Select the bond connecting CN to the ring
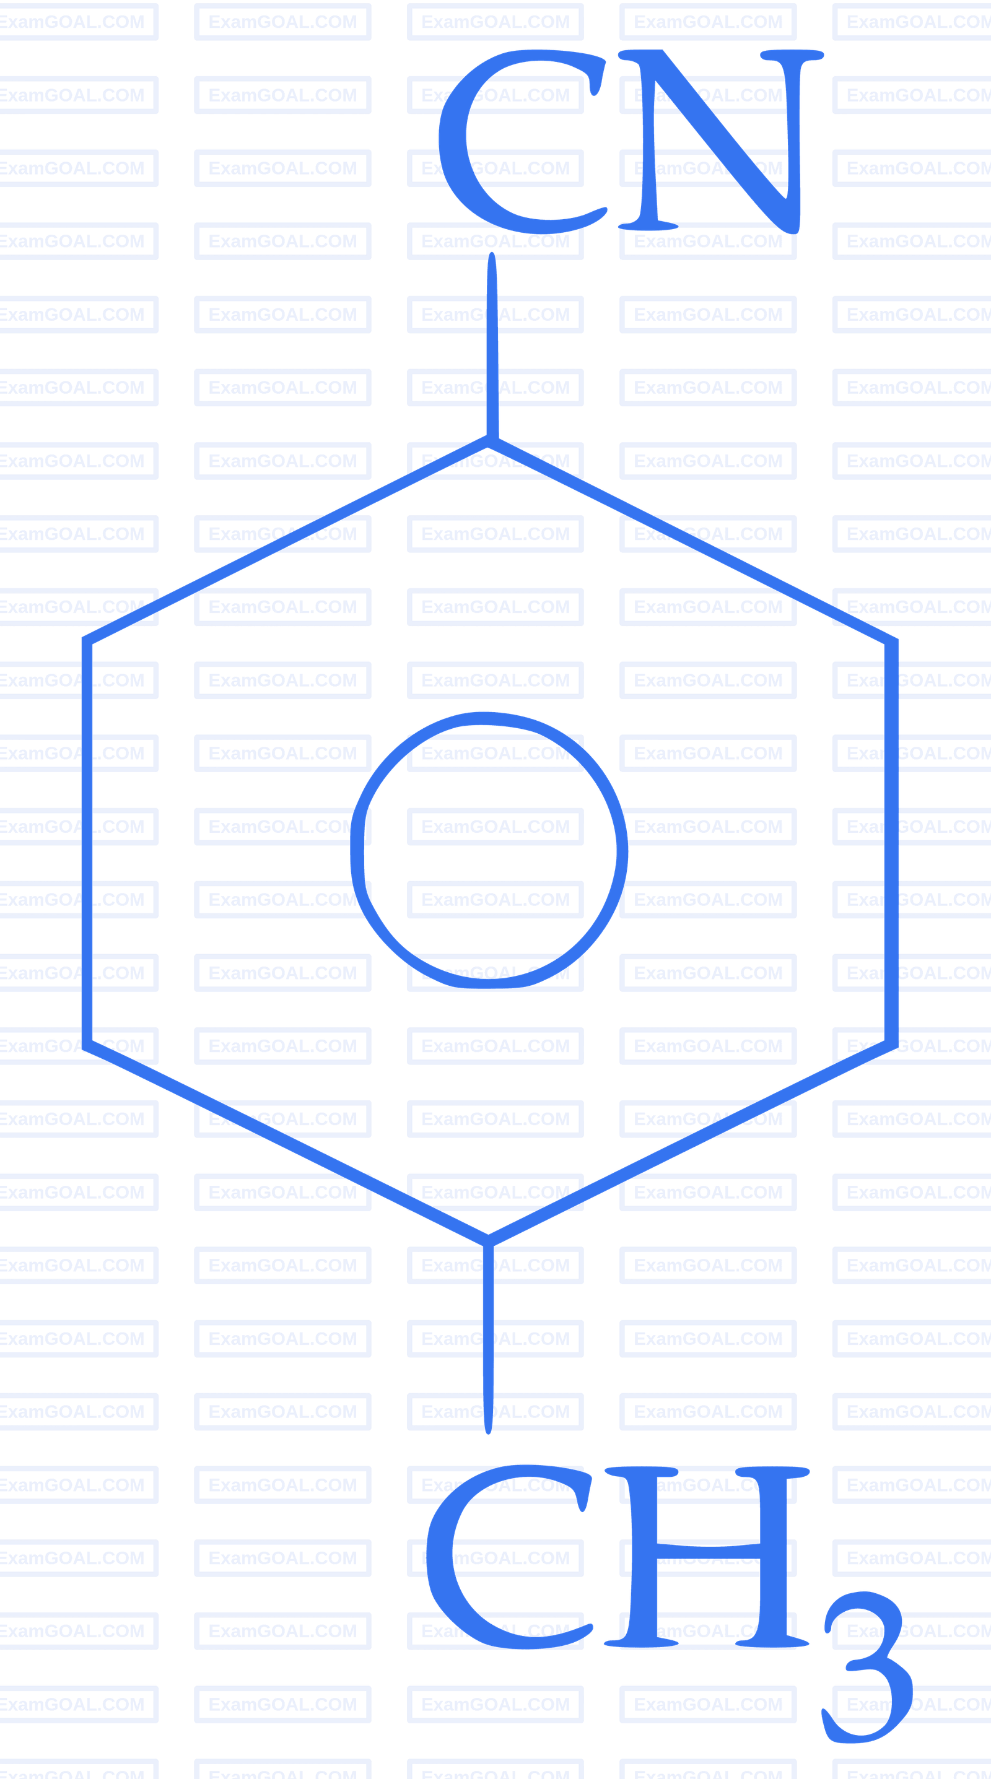[492, 346]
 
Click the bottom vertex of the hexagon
[488, 1240]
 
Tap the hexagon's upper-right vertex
[893, 639]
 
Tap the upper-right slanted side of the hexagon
[691, 540]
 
